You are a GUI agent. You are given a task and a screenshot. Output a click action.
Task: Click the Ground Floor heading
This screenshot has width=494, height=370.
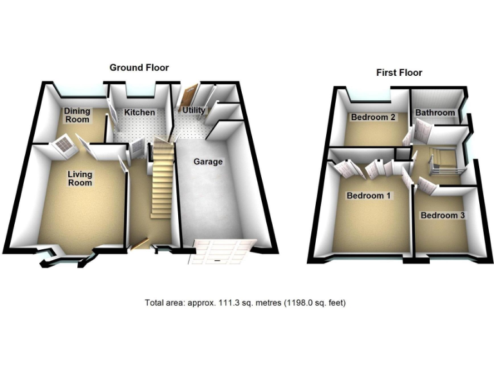coord(139,67)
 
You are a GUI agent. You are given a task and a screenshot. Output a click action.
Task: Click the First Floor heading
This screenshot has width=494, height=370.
coord(399,73)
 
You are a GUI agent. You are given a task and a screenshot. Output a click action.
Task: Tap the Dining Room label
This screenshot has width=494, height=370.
coord(77,115)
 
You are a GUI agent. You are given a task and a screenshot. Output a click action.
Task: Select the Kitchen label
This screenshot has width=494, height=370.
coord(140,112)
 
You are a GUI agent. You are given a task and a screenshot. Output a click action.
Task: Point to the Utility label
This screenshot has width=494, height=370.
coord(194,110)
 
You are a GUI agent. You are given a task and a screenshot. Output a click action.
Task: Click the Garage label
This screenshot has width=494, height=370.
coord(208,162)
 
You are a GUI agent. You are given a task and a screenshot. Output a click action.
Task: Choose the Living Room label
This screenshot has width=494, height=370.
coord(80,179)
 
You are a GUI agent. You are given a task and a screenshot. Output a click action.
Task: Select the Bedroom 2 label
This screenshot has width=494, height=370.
coord(373,118)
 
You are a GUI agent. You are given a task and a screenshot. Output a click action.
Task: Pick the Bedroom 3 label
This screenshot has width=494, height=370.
coord(443,215)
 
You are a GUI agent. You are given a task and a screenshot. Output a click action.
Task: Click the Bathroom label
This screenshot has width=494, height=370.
coord(435,113)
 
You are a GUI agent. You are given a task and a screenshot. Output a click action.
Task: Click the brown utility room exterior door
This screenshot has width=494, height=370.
coord(188,96)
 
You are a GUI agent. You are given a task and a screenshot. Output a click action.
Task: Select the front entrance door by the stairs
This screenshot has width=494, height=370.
coord(141,242)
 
